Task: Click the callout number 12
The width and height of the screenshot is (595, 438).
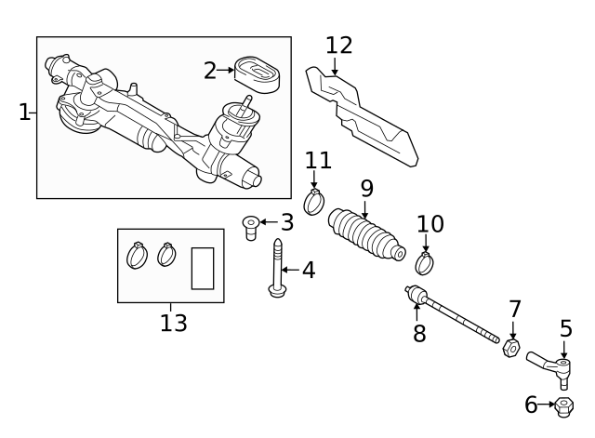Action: click(339, 46)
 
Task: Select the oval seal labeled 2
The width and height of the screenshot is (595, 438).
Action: click(257, 74)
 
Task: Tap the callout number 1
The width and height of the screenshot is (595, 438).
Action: click(24, 113)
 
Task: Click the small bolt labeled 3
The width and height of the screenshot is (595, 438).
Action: click(250, 225)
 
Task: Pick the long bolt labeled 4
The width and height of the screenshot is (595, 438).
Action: click(277, 270)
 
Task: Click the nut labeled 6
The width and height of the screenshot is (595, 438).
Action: click(563, 405)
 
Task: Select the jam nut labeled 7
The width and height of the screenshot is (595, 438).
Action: click(510, 349)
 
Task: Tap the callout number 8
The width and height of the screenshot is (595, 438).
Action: click(419, 334)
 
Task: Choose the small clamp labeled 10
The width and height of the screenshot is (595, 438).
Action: click(424, 263)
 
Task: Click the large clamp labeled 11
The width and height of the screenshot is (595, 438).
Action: click(314, 201)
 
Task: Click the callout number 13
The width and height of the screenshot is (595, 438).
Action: click(173, 324)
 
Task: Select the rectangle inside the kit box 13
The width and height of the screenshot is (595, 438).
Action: click(202, 268)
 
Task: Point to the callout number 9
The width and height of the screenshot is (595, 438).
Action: click(367, 189)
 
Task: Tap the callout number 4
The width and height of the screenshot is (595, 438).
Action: click(309, 271)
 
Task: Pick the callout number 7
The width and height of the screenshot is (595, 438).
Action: click(515, 309)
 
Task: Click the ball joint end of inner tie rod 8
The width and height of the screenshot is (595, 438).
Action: click(415, 295)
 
